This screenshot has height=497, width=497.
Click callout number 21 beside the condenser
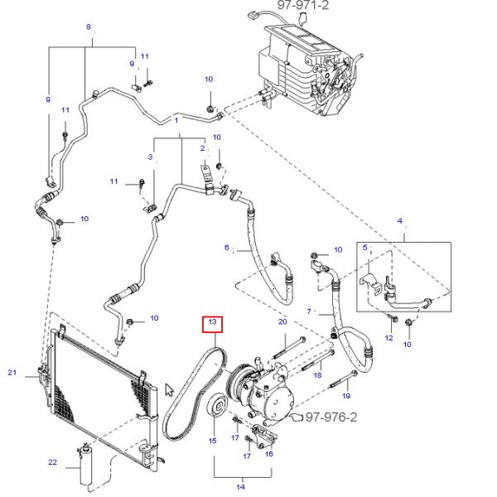[12, 373]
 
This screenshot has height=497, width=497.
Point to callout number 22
[52, 462]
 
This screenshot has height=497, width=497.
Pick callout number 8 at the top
[89, 27]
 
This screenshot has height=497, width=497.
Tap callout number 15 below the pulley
[212, 441]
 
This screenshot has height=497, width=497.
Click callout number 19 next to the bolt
[346, 384]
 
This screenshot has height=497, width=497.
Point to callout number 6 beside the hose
[226, 247]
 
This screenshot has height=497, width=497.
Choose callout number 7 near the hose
[309, 312]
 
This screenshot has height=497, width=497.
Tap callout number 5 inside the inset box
[363, 247]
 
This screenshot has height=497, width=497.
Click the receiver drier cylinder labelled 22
[84, 469]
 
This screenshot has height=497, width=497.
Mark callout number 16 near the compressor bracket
[268, 453]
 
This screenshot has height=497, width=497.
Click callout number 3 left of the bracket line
[152, 157]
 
